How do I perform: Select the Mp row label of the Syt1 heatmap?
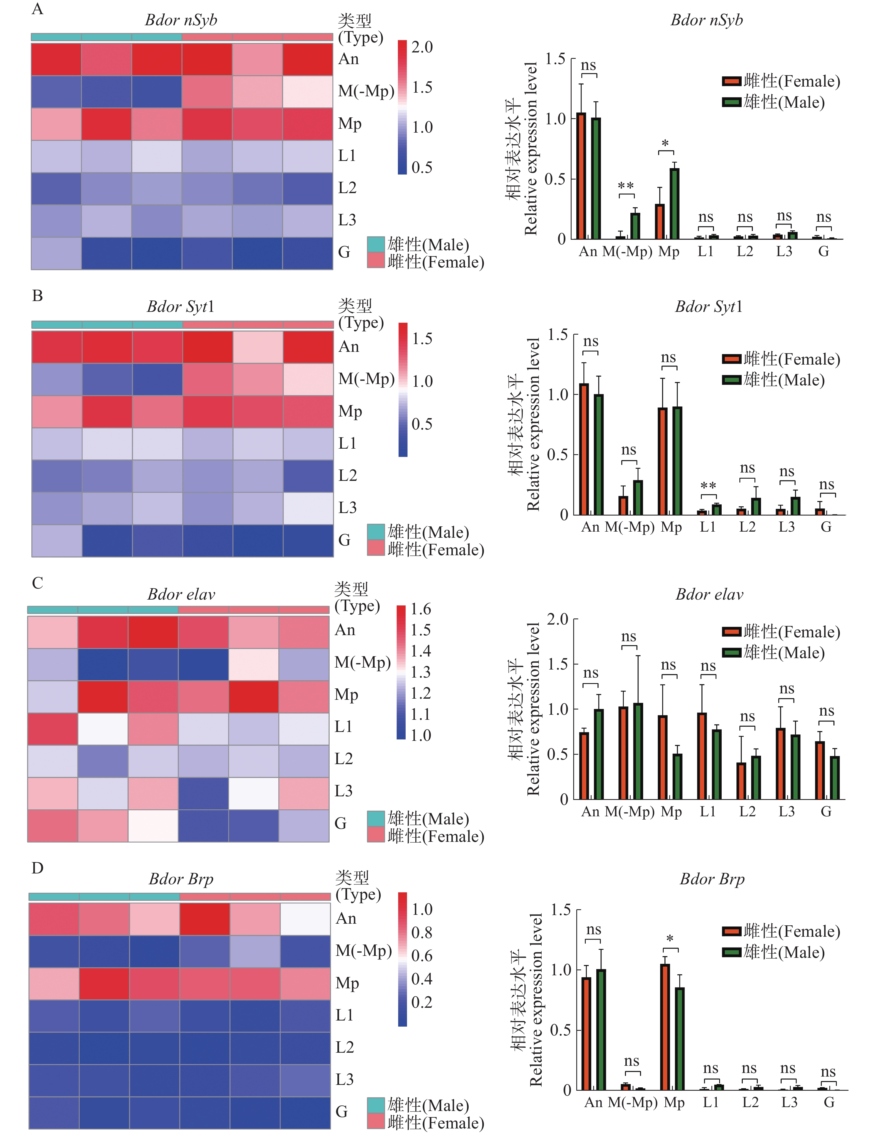(x=350, y=411)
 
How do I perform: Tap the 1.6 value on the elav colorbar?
(x=421, y=609)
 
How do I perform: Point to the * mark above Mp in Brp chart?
(x=670, y=939)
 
